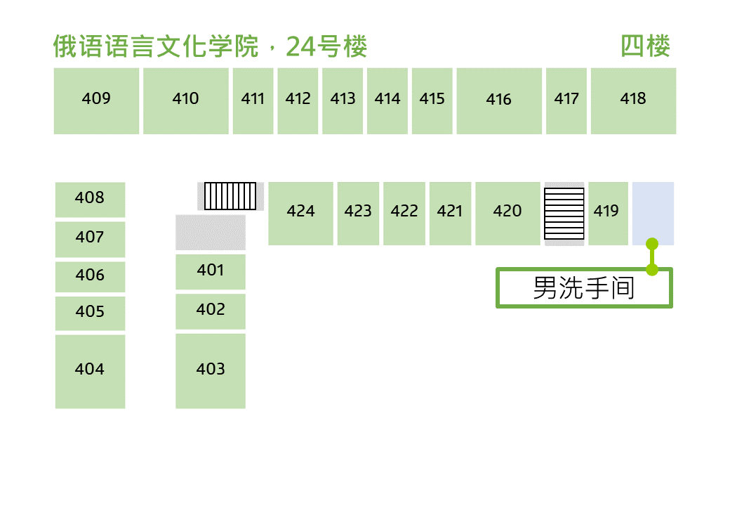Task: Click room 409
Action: coord(96,101)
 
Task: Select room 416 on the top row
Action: coord(499,101)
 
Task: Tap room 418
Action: coord(633,101)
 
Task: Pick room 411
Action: coord(253,101)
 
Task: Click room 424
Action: coord(300,214)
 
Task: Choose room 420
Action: coord(507,214)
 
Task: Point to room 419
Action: coord(608,214)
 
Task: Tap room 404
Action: coord(91,372)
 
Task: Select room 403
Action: coord(211,371)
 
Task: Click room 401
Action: coord(211,272)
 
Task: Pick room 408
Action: coord(91,200)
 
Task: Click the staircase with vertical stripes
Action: coord(230,195)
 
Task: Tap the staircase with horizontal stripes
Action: coord(564,214)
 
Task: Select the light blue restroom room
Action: coord(653,214)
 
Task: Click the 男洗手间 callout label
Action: coord(584,287)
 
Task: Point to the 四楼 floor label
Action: coord(645,46)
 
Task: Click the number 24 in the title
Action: coord(301,46)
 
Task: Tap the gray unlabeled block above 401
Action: coord(211,233)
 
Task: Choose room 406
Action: coord(91,277)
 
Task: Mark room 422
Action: coord(404,214)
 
